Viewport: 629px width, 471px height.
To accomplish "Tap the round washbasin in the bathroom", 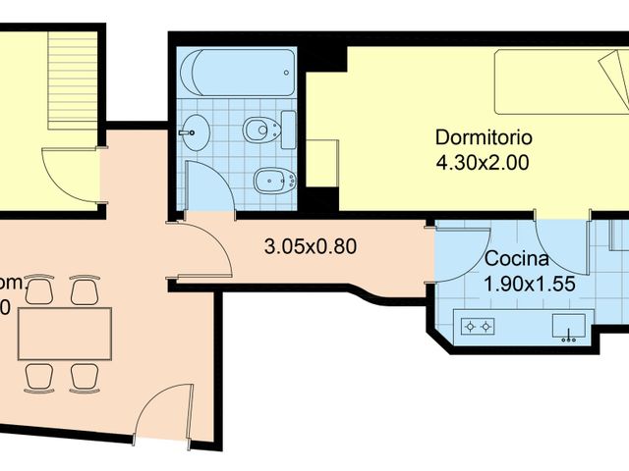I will pyautogui.click(x=196, y=131).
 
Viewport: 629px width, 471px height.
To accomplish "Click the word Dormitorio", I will pyautogui.click(x=483, y=138).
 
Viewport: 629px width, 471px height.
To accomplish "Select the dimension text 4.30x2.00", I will pyautogui.click(x=483, y=163).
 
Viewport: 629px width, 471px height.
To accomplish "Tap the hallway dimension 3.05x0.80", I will pyautogui.click(x=311, y=246).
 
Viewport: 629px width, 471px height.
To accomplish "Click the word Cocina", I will pyautogui.click(x=516, y=261).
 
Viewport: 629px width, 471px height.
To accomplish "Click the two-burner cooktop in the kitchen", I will pyautogui.click(x=478, y=326).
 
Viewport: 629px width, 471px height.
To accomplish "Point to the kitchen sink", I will pyautogui.click(x=569, y=325).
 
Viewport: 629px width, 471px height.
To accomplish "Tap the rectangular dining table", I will pyautogui.click(x=64, y=334).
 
